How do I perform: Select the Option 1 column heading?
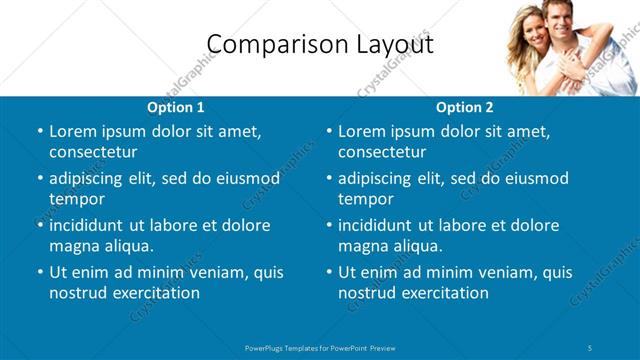click(x=176, y=107)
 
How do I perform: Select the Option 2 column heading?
click(x=465, y=107)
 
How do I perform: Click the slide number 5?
click(x=591, y=347)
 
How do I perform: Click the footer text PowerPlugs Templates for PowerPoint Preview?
click(x=320, y=347)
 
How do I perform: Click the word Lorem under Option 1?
click(x=72, y=132)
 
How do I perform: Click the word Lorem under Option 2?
click(x=361, y=132)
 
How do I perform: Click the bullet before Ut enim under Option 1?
click(x=39, y=272)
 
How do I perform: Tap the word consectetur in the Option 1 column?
click(x=93, y=153)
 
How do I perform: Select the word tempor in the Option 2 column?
click(x=365, y=200)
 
